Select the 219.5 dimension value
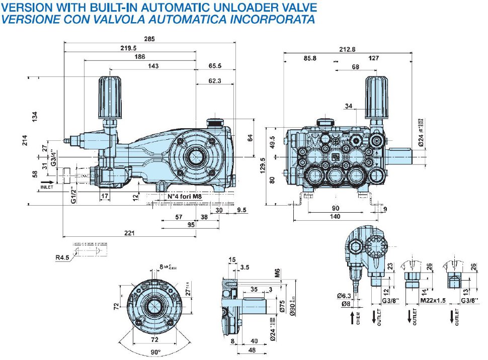pos(128,48)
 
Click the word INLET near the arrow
pos(47,187)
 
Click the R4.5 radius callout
pos(62,259)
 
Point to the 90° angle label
pos(155,351)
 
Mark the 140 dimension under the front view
pos(336,216)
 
